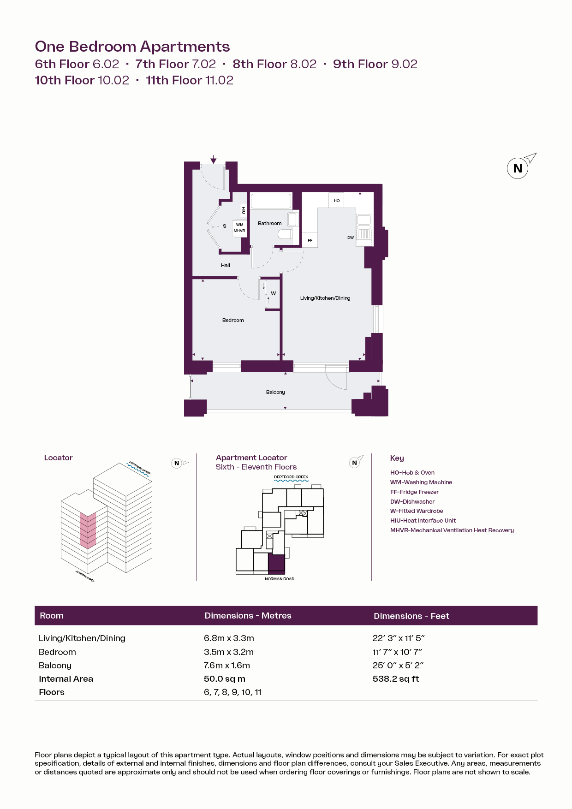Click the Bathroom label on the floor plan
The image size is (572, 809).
pos(269,223)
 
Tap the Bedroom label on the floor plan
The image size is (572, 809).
pos(233,320)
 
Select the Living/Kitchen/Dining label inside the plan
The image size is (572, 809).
pos(325,298)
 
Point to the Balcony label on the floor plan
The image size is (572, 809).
pos(275,392)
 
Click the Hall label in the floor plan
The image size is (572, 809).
pos(225,265)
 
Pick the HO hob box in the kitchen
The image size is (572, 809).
pos(336,200)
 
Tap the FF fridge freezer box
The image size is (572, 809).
pos(310,240)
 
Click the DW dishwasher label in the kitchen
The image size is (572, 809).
pos(351,238)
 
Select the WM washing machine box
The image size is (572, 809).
pos(240,225)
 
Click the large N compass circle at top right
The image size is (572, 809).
pos(518,168)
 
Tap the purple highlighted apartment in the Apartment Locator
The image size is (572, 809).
pos(276,564)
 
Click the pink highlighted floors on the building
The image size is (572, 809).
pos(88,530)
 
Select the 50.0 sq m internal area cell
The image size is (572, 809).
pos(225,679)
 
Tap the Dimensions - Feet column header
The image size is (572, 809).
pos(411,616)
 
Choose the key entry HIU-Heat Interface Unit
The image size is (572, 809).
pos(423,521)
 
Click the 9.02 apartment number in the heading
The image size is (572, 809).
pos(405,64)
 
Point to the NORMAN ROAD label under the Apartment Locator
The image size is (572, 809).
pos(280,579)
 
